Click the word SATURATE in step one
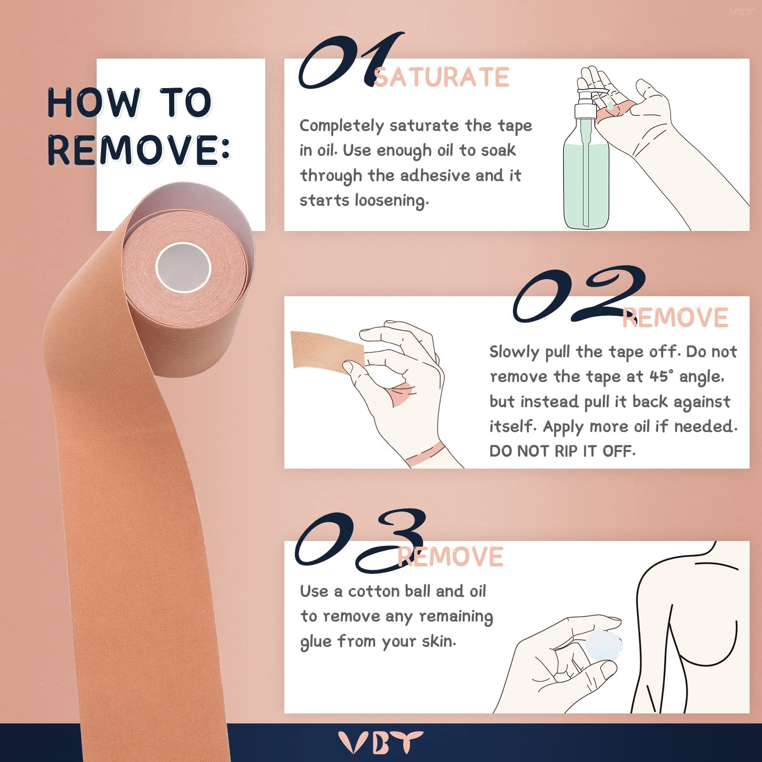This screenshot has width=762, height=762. point(441,78)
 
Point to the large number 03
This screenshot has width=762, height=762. point(360,541)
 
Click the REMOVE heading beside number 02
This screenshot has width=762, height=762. point(675,318)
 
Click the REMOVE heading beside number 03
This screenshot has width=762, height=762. point(451,557)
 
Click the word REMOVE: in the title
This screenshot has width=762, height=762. point(138,150)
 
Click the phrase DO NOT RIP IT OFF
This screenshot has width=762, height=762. point(562,451)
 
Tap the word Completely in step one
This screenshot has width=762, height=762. point(341,126)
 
